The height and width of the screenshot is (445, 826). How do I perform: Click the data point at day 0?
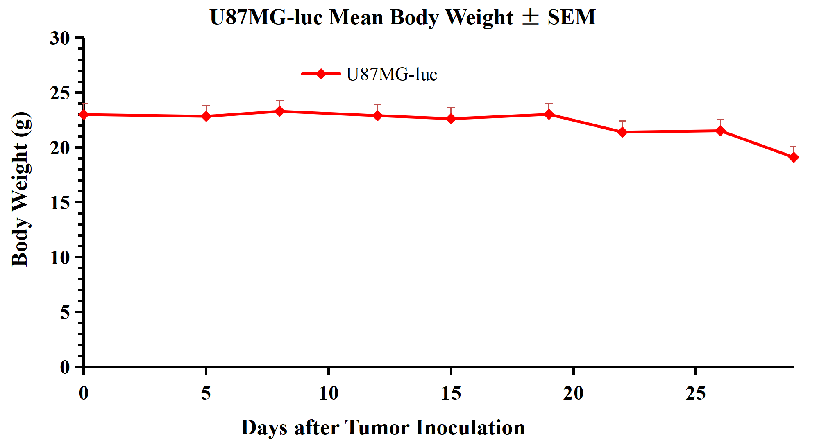[84, 115]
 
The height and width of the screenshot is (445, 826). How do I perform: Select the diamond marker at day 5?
[206, 116]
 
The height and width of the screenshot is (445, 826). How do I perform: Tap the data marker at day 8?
[279, 111]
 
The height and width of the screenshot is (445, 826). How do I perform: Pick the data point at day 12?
[378, 116]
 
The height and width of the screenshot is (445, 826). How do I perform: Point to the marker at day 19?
[549, 114]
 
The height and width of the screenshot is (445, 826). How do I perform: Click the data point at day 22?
[622, 132]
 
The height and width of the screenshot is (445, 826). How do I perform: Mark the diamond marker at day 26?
[720, 131]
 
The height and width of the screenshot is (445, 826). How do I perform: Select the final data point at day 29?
[793, 157]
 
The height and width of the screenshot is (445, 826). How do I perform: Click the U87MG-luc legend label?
[392, 75]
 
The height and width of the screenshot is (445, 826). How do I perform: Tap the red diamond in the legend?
[321, 74]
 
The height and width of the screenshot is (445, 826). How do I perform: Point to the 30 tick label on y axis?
[60, 38]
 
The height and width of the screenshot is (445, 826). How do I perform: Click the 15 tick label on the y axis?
[60, 203]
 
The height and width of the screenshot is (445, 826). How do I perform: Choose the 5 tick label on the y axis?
[65, 312]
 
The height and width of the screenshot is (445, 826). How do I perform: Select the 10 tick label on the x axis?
[329, 393]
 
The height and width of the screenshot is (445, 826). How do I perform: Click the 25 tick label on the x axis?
[696, 393]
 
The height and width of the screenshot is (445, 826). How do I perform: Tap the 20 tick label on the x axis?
[573, 393]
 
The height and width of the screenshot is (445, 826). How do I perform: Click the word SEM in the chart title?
[572, 17]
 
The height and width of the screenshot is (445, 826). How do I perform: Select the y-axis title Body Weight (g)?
[20, 189]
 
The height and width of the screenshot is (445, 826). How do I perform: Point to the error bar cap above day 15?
[451, 108]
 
